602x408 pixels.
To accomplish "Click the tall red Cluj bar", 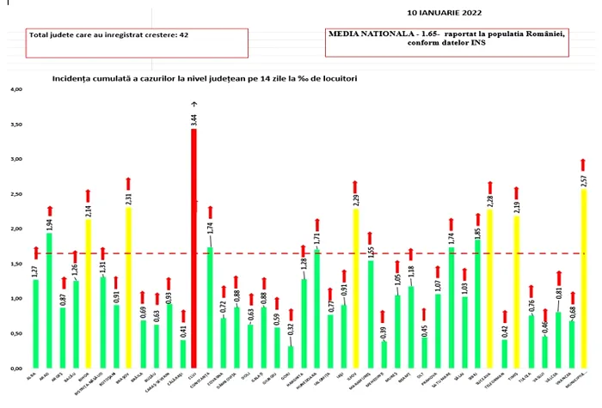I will [x=193, y=249].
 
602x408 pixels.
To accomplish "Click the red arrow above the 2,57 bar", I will [x=584, y=165].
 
